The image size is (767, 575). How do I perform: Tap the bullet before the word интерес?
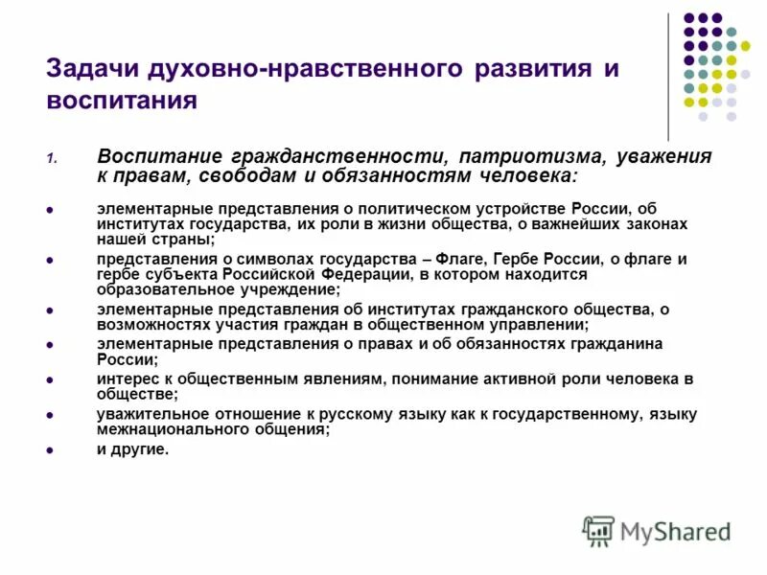50,379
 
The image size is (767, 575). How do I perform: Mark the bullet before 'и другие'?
50,448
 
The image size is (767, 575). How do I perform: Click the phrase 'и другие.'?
132,448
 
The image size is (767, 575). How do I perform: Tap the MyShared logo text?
675,531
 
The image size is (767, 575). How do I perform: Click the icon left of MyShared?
598,531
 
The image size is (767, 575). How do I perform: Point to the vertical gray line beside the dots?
668,77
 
